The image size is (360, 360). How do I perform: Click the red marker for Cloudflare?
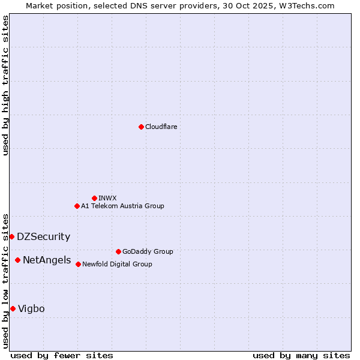pyautogui.click(x=141, y=127)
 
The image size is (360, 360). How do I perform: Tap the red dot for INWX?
pyautogui.click(x=94, y=198)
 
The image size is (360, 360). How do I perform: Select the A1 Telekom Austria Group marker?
pyautogui.click(x=77, y=206)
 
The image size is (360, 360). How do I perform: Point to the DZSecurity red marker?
pyautogui.click(x=11, y=236)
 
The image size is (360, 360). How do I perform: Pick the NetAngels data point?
pyautogui.click(x=17, y=260)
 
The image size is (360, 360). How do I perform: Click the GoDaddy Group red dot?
pyautogui.click(x=118, y=251)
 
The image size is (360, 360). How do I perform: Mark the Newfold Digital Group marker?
pyautogui.click(x=78, y=264)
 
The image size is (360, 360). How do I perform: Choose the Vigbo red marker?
pyautogui.click(x=13, y=308)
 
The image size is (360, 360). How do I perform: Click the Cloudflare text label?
pyautogui.click(x=161, y=127)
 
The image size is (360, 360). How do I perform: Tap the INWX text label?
pyautogui.click(x=107, y=198)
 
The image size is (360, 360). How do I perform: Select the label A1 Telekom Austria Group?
pyautogui.click(x=122, y=206)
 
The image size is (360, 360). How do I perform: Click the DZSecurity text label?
pyautogui.click(x=43, y=236)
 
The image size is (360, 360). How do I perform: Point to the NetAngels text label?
pyautogui.click(x=46, y=260)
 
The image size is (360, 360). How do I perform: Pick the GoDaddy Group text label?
pyautogui.click(x=148, y=251)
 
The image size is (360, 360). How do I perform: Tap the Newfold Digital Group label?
pyautogui.click(x=117, y=264)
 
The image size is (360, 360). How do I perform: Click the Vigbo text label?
pyautogui.click(x=31, y=308)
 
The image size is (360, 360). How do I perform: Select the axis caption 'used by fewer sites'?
pyautogui.click(x=62, y=355)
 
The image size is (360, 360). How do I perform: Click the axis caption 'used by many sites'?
pyautogui.click(x=301, y=355)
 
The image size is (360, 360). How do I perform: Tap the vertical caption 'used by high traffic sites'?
pyautogui.click(x=5, y=85)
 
